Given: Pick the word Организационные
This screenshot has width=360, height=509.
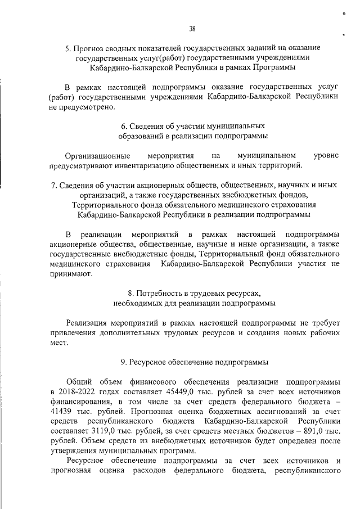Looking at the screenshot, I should (98, 155).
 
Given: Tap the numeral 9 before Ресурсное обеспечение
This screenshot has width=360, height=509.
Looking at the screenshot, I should (123, 362).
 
